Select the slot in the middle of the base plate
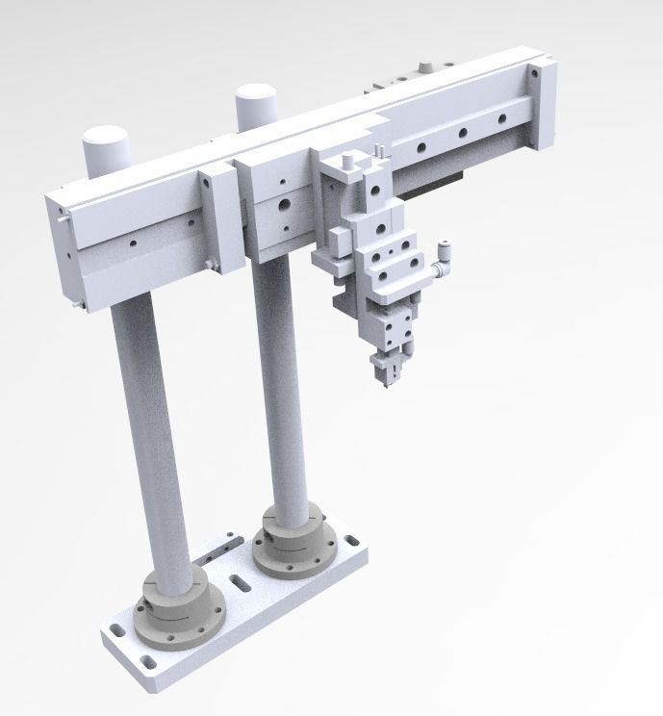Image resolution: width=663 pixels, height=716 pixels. coord(236,581)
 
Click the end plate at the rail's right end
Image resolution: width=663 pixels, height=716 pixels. coord(540,106)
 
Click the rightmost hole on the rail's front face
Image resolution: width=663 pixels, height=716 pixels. coord(499,118)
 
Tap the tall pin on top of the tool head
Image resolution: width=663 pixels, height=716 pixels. coord(378,152)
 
